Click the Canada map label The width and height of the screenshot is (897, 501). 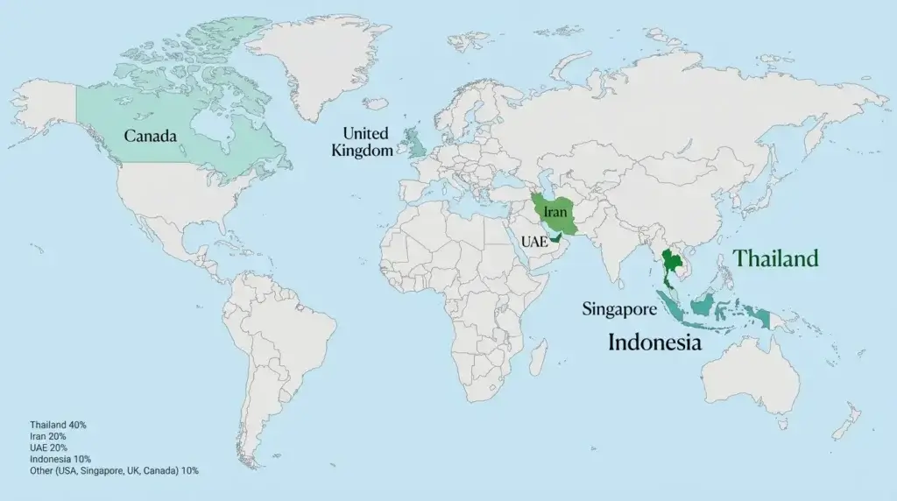click(x=150, y=137)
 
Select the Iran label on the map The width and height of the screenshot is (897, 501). click(x=554, y=212)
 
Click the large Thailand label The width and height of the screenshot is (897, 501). click(x=776, y=258)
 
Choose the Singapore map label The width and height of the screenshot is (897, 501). click(x=619, y=308)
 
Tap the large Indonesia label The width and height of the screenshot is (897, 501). click(x=655, y=342)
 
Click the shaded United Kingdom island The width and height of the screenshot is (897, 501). click(x=415, y=143)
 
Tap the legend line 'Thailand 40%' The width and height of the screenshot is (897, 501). click(x=58, y=425)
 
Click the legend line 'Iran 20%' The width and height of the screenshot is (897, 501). click(x=48, y=436)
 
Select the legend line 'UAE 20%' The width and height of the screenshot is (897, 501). click(x=47, y=448)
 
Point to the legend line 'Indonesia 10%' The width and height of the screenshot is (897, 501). click(x=60, y=459)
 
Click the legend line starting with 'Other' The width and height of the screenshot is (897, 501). click(x=114, y=470)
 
